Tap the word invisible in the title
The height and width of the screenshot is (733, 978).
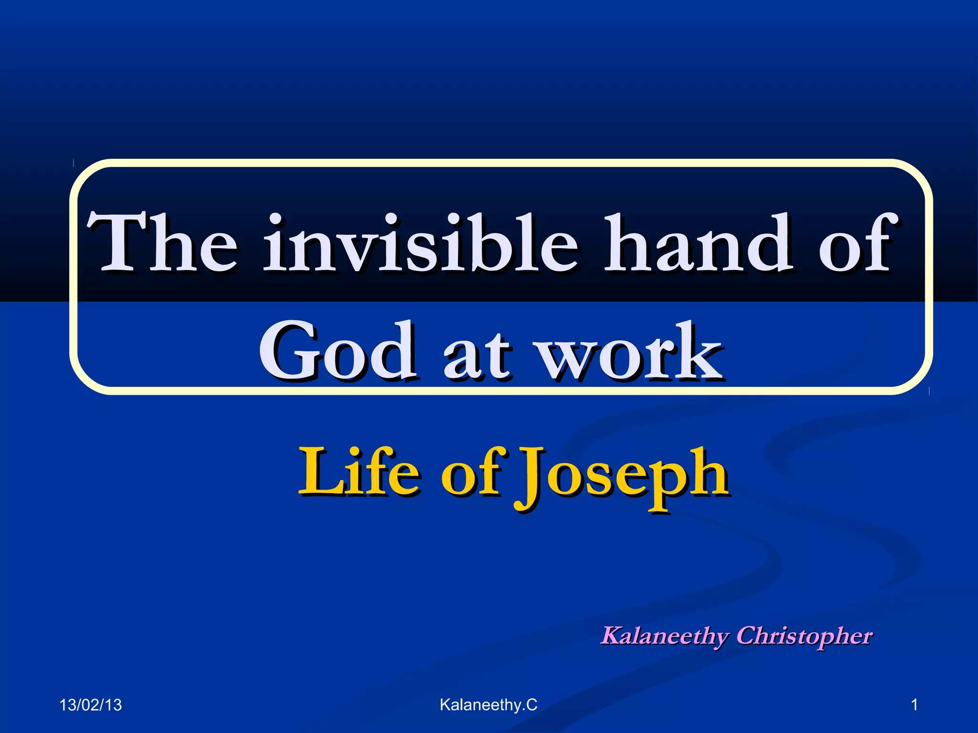420,243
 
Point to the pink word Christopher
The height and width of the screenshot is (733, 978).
804,637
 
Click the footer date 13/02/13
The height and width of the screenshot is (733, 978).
90,705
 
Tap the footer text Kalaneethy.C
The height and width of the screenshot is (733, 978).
488,704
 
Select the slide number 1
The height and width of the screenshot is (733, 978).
914,704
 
